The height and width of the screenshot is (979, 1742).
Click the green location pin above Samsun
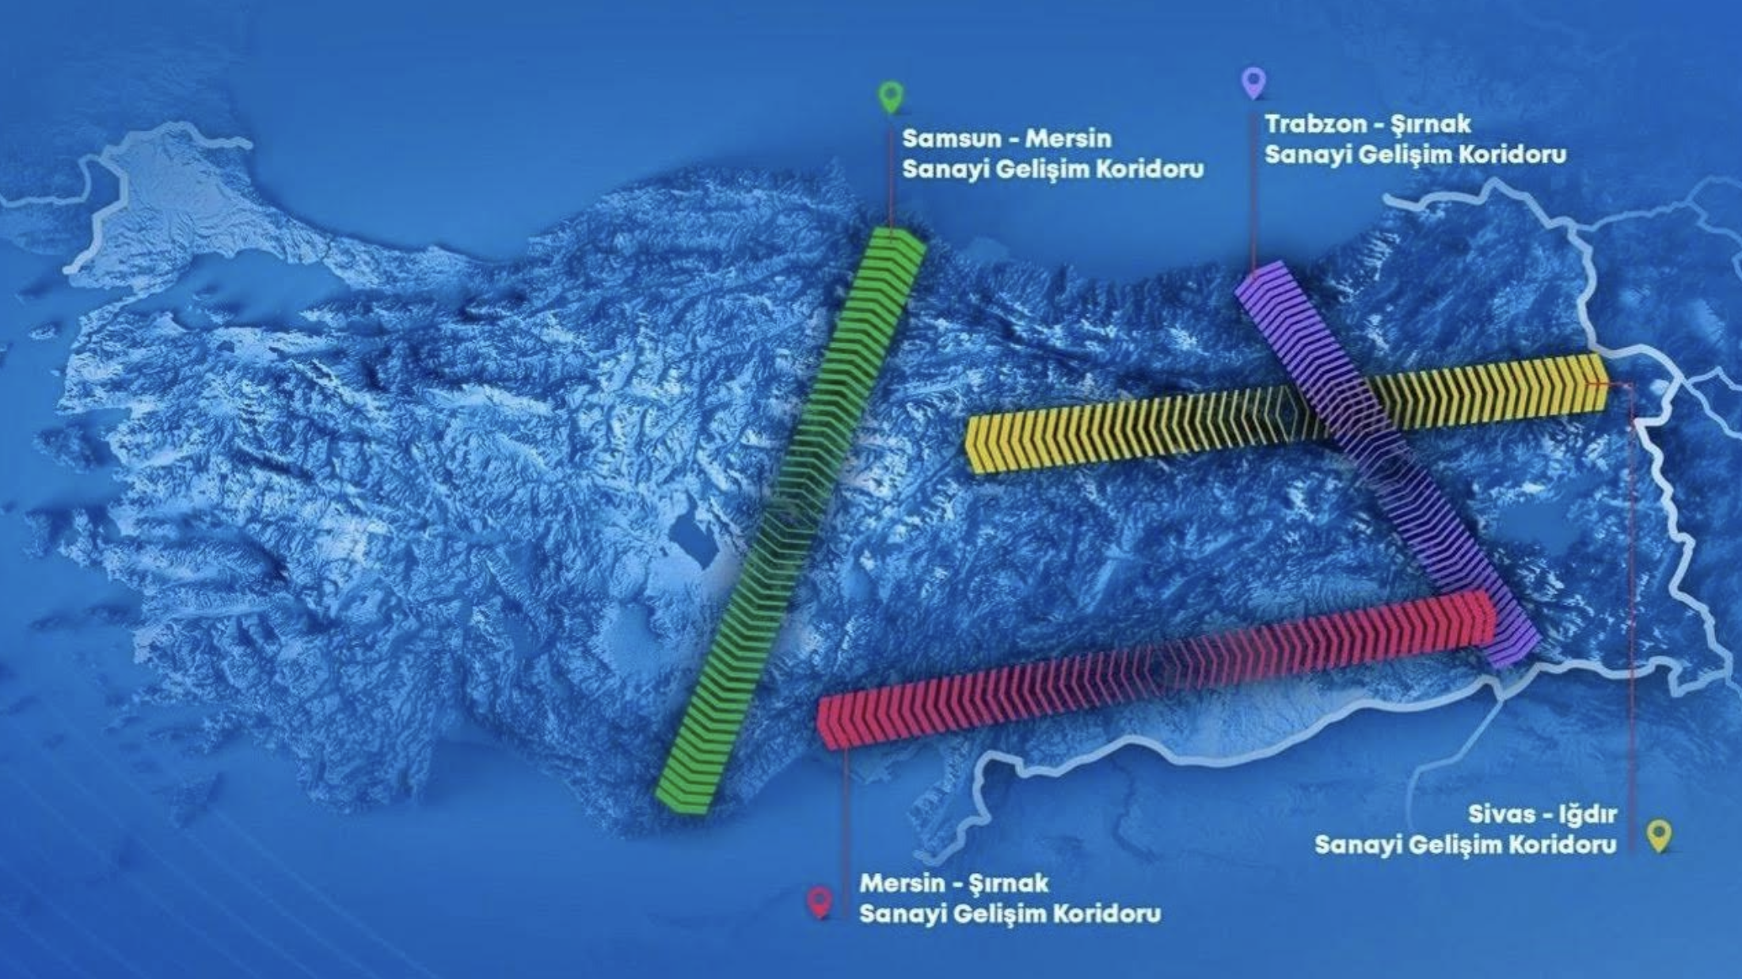pos(891,96)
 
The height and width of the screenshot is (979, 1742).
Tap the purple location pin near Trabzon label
pos(1253,82)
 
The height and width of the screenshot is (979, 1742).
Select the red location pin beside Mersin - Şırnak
pos(820,901)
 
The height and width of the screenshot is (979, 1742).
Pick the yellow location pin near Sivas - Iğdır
pos(1659,835)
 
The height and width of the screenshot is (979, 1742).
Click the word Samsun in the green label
pos(948,139)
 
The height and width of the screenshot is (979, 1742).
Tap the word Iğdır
pos(1584,814)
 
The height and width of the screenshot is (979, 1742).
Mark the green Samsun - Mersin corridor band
pos(792,515)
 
